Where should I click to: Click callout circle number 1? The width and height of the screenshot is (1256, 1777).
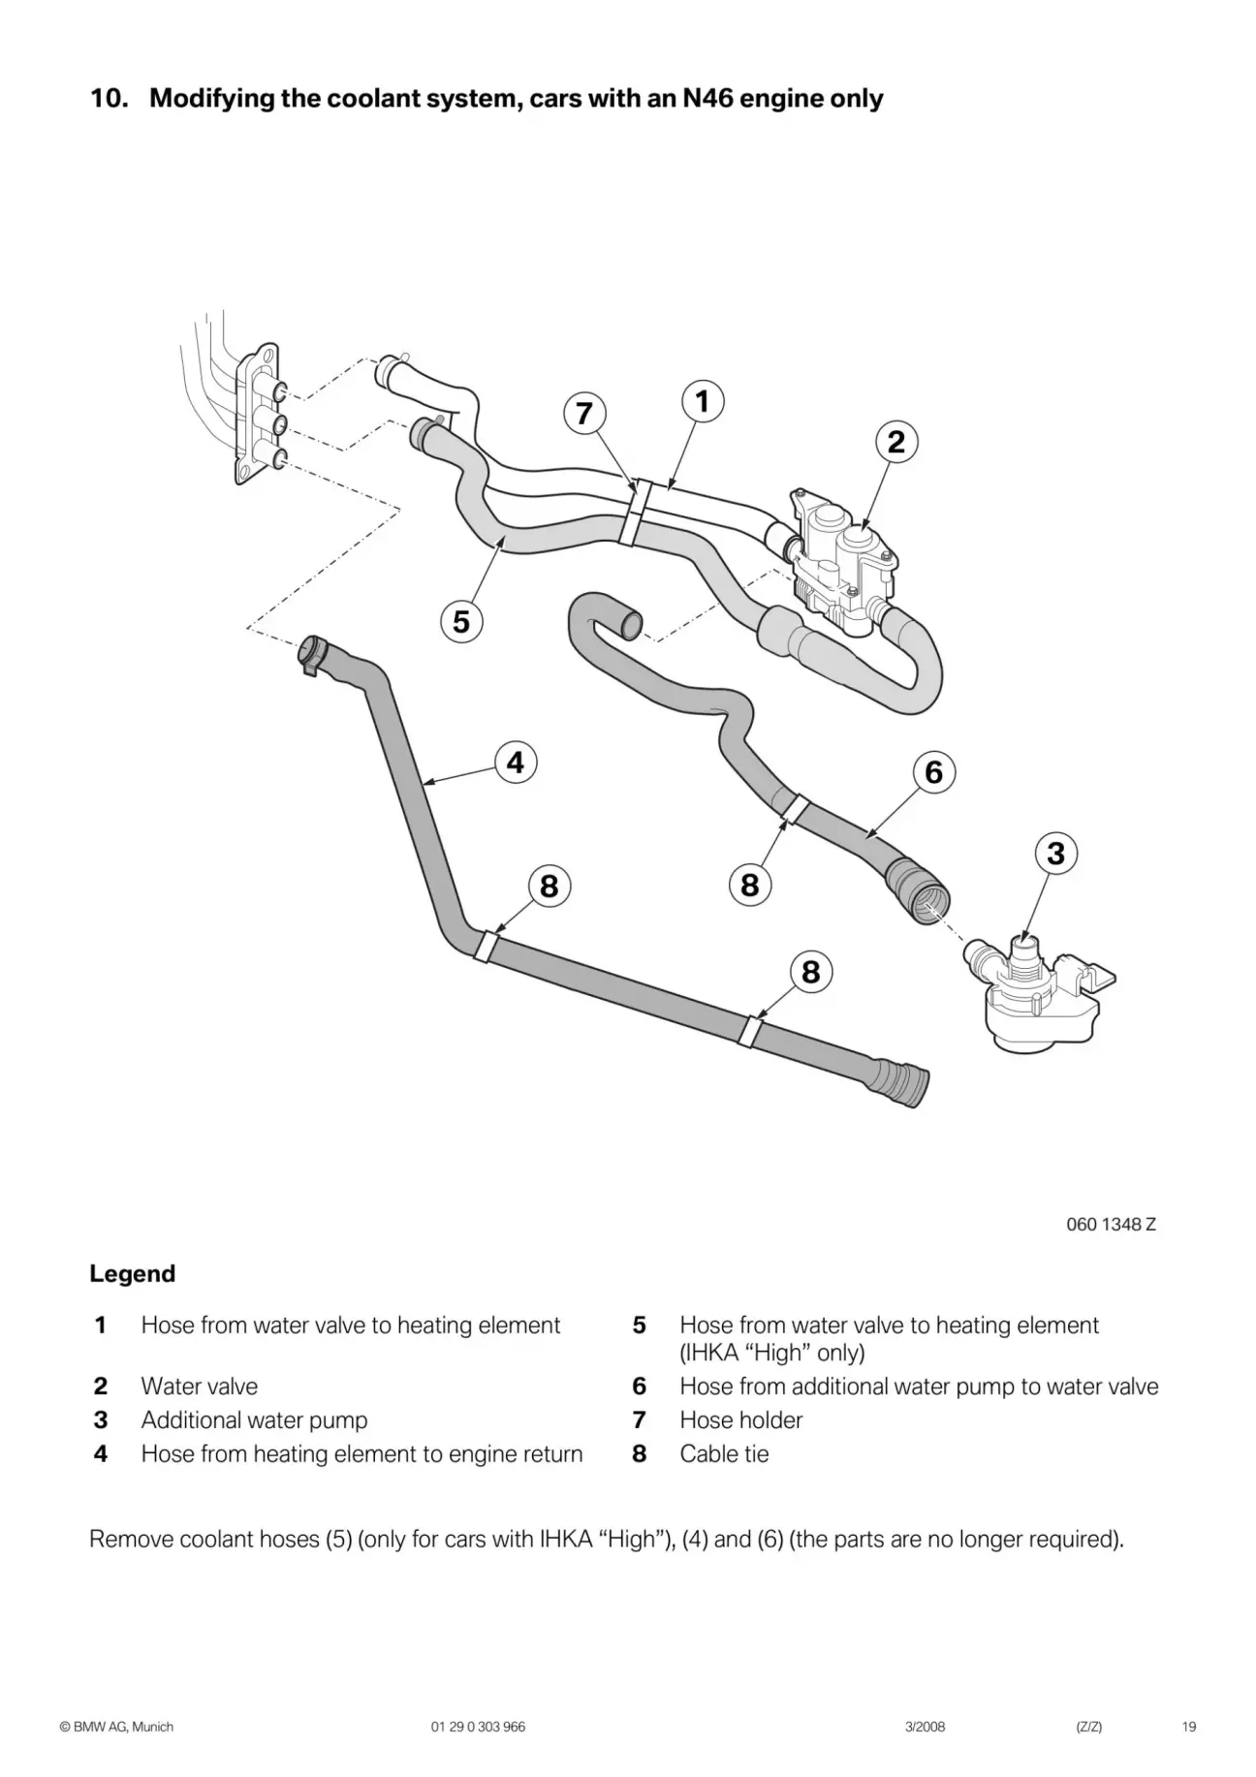(x=703, y=401)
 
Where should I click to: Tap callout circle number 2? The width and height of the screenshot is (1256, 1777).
(x=896, y=442)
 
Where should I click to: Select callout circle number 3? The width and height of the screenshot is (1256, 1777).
(x=1055, y=854)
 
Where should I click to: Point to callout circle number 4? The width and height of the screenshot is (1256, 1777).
(x=515, y=763)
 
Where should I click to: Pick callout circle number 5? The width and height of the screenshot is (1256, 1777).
(x=461, y=620)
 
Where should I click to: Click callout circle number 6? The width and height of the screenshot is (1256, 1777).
(x=933, y=772)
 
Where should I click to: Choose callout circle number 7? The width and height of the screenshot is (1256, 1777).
(x=583, y=414)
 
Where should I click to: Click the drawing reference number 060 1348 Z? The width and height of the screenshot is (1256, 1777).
(x=1111, y=1224)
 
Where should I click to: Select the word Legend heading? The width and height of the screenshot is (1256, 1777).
(x=132, y=1273)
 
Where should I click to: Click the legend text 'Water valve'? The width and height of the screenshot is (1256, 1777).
(x=199, y=1387)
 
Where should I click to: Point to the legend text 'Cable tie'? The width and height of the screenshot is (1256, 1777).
(x=724, y=1453)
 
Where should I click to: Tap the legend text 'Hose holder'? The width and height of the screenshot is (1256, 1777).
(x=740, y=1420)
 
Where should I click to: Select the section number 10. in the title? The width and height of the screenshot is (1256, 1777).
(x=110, y=99)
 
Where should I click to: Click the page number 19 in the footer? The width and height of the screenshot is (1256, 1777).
(x=1189, y=1727)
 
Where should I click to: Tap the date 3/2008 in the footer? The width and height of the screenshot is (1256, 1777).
(x=925, y=1727)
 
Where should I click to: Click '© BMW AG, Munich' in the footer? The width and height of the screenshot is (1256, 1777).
(x=116, y=1727)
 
